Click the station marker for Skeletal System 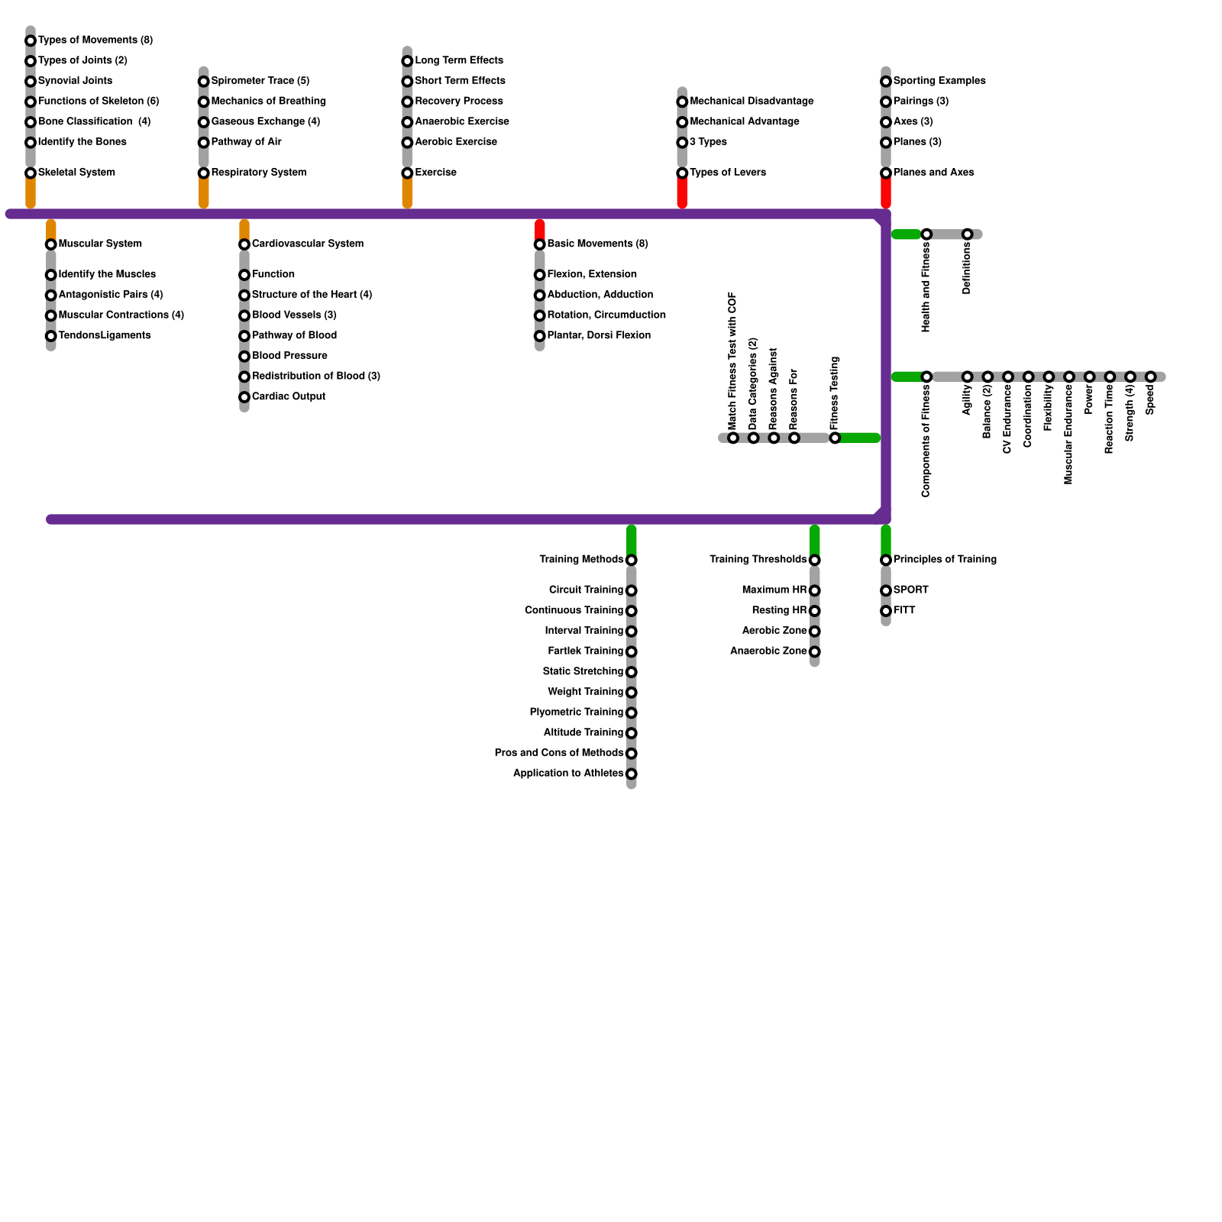(31, 173)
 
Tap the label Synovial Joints (75, 81)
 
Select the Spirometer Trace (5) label (260, 81)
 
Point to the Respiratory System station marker (204, 173)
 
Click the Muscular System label (100, 244)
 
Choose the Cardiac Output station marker (244, 397)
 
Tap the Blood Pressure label (289, 356)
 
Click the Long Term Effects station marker (408, 61)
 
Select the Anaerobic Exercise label (461, 122)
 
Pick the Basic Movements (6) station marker (540, 244)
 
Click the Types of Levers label (727, 173)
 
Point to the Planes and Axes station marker (886, 173)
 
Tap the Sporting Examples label (939, 81)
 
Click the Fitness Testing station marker (835, 438)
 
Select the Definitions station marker (968, 234)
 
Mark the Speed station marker (1151, 377)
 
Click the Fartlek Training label (585, 651)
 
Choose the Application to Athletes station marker (632, 774)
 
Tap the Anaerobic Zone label (768, 651)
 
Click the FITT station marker (886, 611)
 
